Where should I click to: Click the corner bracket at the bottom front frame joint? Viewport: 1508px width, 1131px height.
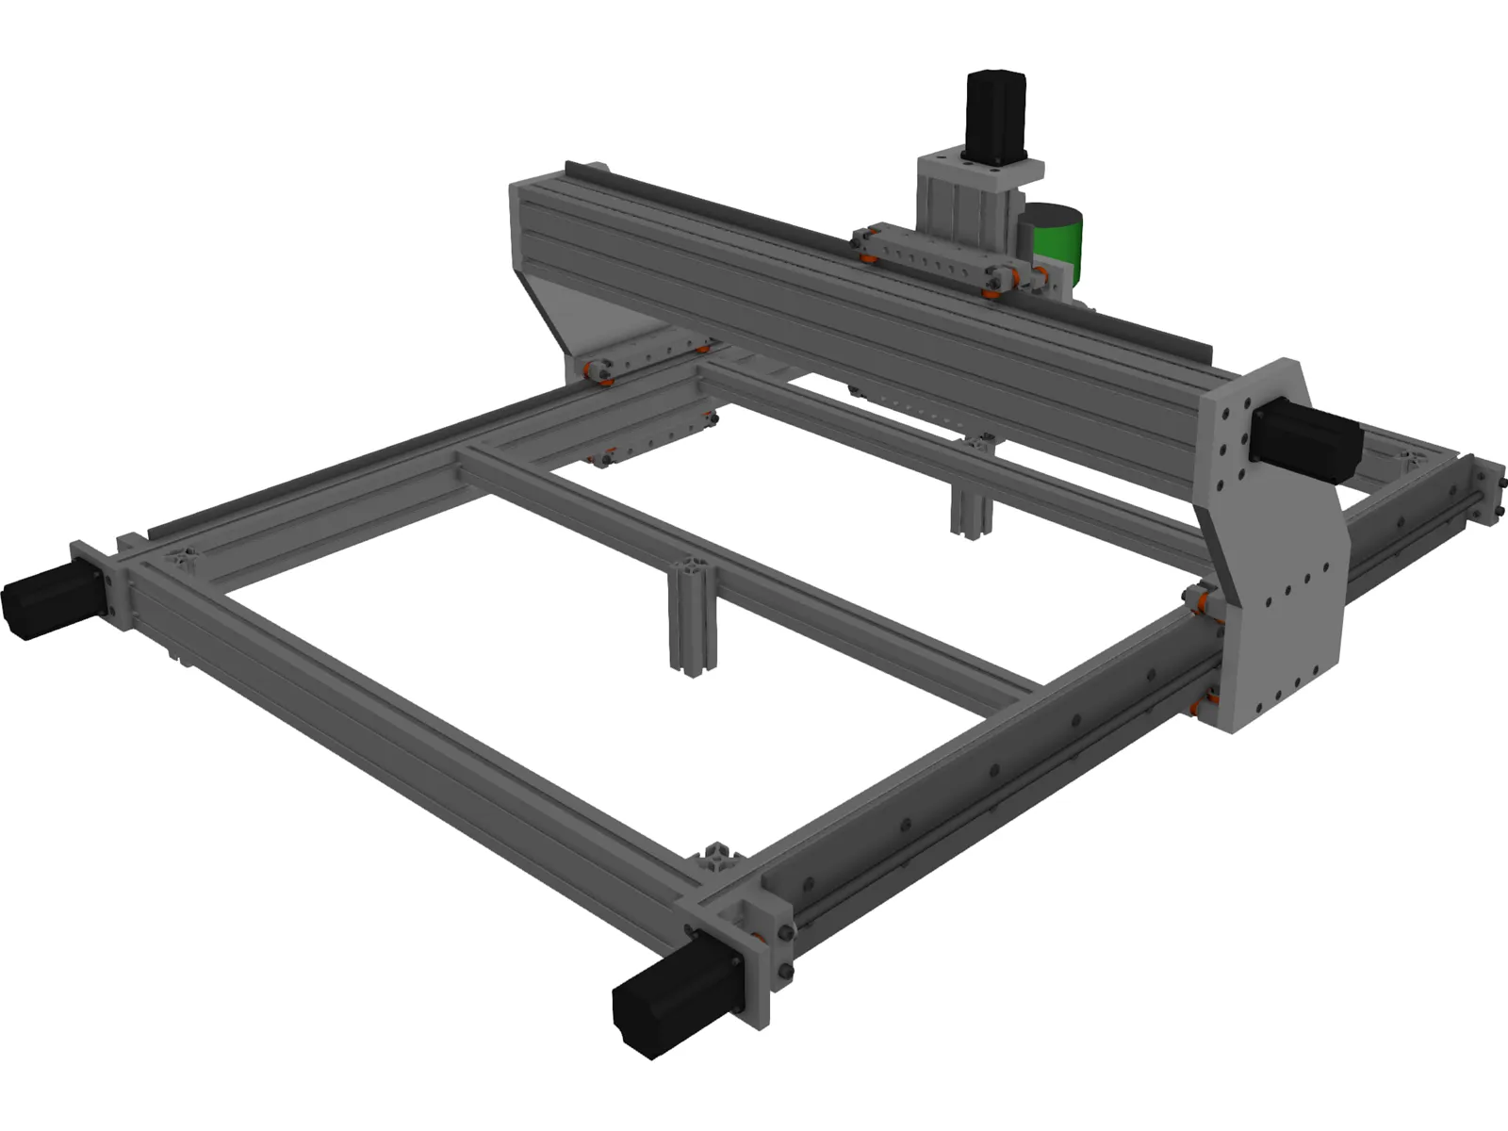coord(721,862)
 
